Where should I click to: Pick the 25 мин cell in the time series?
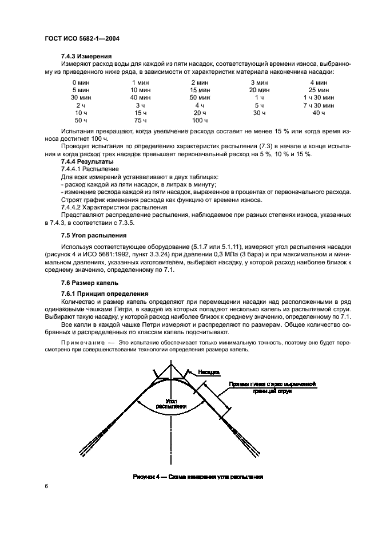pyautogui.click(x=319, y=90)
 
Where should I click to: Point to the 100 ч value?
pyautogui.click(x=200, y=121)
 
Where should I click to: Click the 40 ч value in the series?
pyautogui.click(x=319, y=113)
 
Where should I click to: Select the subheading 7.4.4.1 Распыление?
pyautogui.click(x=90, y=169)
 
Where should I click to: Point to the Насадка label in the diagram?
pyautogui.click(x=210, y=372)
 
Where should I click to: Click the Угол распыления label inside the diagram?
pyautogui.click(x=171, y=404)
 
